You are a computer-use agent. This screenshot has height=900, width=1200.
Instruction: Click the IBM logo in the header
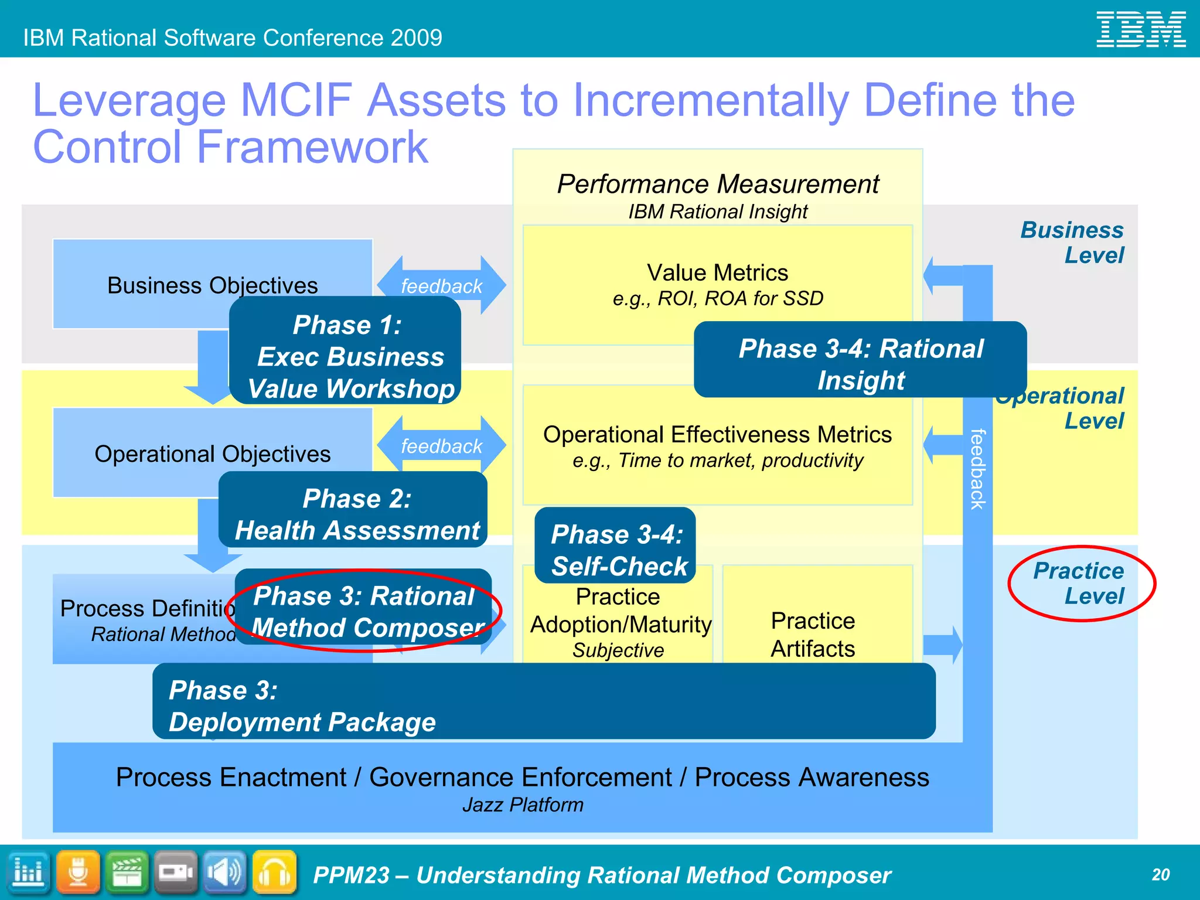click(1140, 29)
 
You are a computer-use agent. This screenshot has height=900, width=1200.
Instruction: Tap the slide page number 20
click(1160, 875)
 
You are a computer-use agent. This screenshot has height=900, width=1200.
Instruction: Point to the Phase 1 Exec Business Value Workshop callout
click(346, 356)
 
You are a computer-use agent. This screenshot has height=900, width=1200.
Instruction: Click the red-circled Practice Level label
click(1079, 583)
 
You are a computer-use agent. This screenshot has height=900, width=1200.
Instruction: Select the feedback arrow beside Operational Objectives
click(441, 445)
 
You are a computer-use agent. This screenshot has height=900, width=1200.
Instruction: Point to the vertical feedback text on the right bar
click(977, 469)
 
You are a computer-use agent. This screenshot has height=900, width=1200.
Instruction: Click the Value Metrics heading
click(717, 273)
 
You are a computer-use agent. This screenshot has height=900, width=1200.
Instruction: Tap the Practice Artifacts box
click(813, 634)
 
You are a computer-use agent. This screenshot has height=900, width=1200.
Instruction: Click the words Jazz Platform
click(523, 805)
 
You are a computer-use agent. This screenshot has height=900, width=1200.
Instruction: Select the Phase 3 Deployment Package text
click(302, 706)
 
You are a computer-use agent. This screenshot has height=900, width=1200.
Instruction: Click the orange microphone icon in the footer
click(78, 872)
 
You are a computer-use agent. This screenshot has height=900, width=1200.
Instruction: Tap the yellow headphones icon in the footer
click(274, 872)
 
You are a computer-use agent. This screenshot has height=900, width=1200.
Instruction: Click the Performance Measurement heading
click(717, 184)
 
